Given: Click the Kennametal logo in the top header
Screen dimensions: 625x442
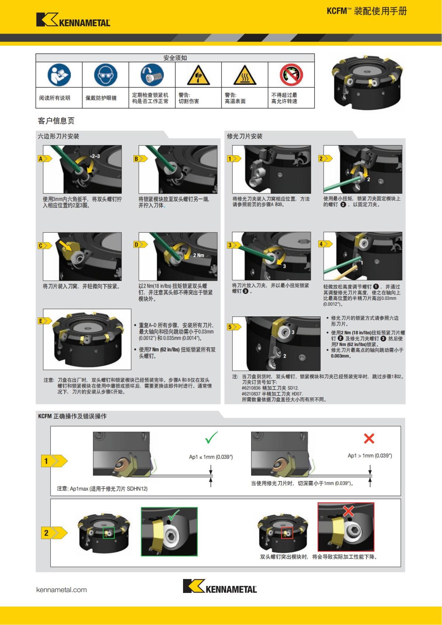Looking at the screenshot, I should (73, 20).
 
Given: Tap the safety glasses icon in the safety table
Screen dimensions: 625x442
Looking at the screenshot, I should (105, 75).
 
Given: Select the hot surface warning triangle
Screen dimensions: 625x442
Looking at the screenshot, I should (245, 75).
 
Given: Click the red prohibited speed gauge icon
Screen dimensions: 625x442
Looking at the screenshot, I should (291, 75).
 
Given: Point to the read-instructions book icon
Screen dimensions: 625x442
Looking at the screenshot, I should (59, 75).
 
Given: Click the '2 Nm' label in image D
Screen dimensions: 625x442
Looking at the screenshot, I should (199, 255).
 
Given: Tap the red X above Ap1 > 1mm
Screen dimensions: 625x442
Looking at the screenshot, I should (369, 438).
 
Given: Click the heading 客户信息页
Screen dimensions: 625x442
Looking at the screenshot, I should (56, 121).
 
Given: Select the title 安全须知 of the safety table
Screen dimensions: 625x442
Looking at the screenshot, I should (175, 58).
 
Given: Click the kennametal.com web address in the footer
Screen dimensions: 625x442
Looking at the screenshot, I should (62, 590).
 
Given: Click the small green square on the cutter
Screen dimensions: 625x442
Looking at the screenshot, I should (108, 533).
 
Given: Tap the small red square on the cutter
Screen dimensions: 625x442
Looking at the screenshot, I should (287, 533).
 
